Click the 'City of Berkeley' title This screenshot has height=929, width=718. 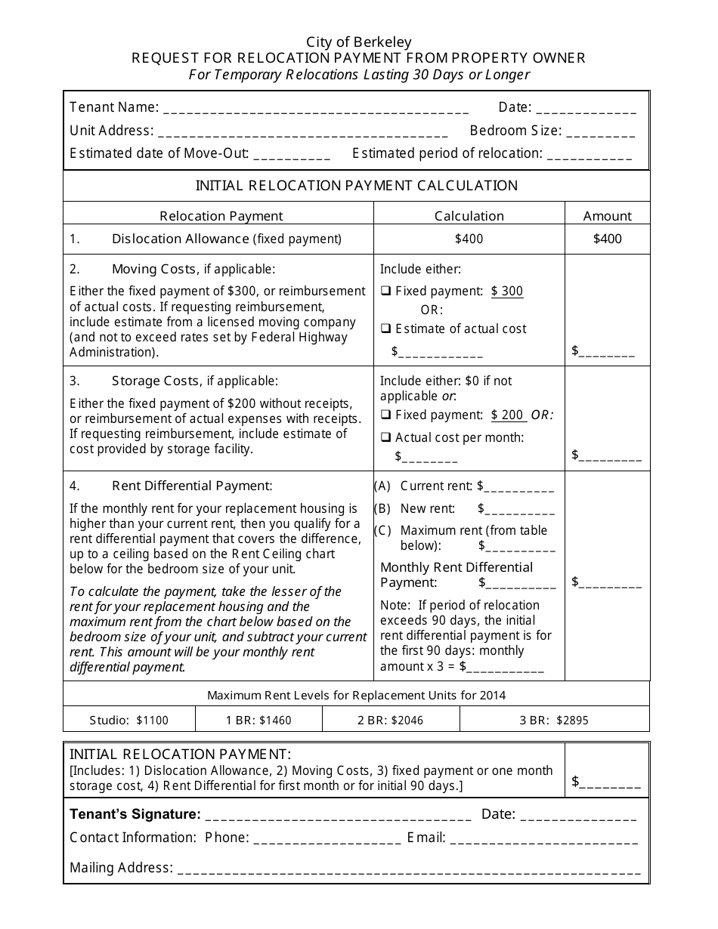coord(359,42)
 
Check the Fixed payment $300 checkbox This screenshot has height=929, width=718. coord(385,292)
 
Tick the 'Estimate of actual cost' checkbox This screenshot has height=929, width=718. coord(385,329)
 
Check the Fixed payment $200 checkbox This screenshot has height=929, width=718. coord(385,415)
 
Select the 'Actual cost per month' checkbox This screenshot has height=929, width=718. coord(385,438)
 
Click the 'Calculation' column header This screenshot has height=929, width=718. coord(469,216)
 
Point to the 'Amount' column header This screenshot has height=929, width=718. coord(607,216)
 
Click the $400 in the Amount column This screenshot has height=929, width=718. coord(607,239)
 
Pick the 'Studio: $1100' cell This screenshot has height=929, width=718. coord(129,720)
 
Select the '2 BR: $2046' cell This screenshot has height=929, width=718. coord(390,720)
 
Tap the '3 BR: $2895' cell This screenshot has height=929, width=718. coord(553,720)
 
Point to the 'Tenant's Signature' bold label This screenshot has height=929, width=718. coord(135,814)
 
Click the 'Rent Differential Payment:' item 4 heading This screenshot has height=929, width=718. coord(192,486)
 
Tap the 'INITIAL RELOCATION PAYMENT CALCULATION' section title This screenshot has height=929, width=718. coord(357,186)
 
